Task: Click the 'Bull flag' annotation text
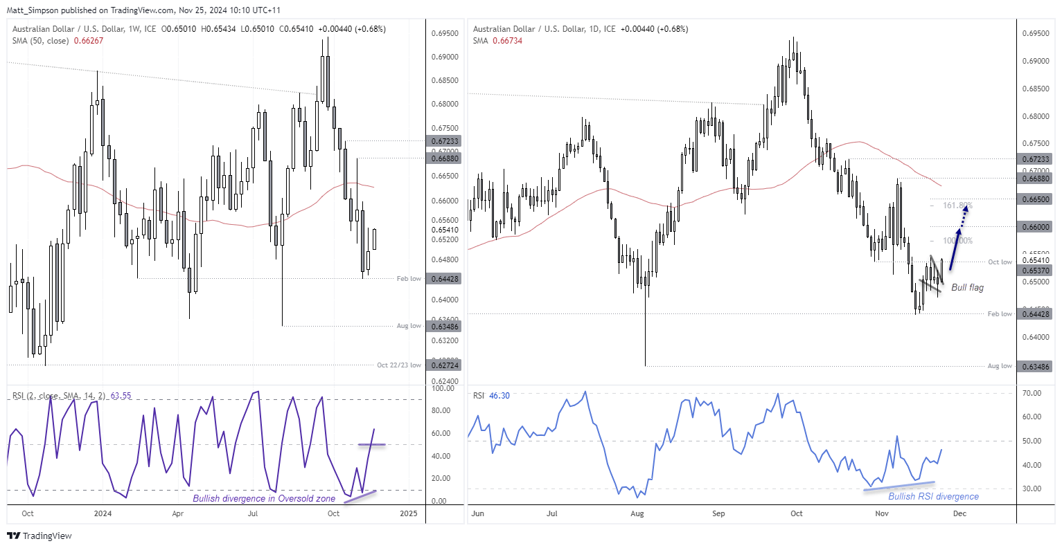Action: (x=967, y=287)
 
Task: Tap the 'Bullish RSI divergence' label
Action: (x=933, y=496)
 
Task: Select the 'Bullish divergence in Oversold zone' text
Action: (x=264, y=498)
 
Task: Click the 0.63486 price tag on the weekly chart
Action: (x=445, y=326)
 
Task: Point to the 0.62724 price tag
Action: (x=445, y=365)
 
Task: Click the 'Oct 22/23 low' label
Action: (x=398, y=365)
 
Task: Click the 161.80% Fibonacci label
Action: (x=958, y=205)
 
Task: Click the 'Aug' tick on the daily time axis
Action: (x=637, y=513)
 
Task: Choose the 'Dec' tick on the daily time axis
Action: (x=959, y=513)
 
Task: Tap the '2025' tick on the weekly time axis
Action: (x=409, y=513)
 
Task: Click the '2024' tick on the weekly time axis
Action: (x=103, y=513)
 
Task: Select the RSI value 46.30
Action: (x=499, y=396)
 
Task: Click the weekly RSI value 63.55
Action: (x=121, y=396)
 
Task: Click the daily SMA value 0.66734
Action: (x=507, y=41)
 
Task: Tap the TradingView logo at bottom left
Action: (x=39, y=536)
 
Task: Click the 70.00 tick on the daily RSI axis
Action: (x=1032, y=393)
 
